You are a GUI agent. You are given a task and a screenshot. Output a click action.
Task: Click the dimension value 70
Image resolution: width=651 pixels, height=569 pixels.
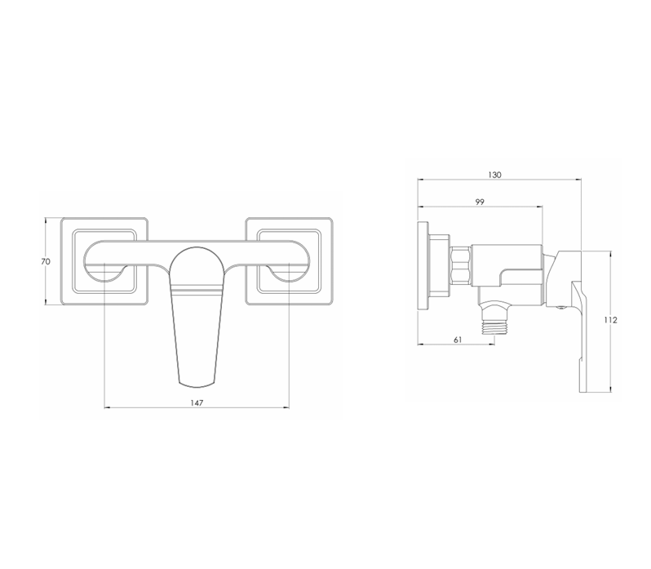tap(46, 262)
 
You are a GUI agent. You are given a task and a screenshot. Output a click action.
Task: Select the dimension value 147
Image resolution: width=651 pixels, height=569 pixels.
tap(197, 402)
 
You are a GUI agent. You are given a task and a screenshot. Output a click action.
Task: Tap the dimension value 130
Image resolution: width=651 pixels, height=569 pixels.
tap(494, 175)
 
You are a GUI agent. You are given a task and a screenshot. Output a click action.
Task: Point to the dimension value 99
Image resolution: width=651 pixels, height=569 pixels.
tap(480, 202)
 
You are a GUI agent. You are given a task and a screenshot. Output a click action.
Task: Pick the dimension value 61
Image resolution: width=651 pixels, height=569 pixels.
tap(458, 340)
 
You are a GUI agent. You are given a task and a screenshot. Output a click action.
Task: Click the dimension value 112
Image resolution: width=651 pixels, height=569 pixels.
tap(611, 320)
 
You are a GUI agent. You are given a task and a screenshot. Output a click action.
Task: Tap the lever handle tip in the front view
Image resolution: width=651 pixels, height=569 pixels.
tap(197, 385)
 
